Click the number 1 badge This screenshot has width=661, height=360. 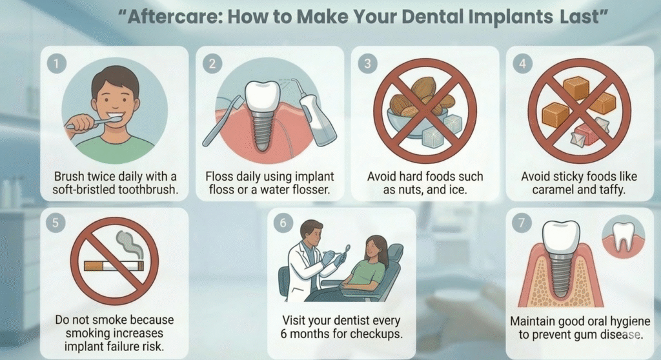click(x=57, y=64)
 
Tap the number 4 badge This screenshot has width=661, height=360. click(x=522, y=64)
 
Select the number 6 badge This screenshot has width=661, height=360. click(x=283, y=223)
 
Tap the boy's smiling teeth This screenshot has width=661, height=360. click(x=115, y=114)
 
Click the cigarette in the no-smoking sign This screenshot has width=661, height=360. click(x=114, y=266)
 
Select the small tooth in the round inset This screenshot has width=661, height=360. click(x=622, y=237)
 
